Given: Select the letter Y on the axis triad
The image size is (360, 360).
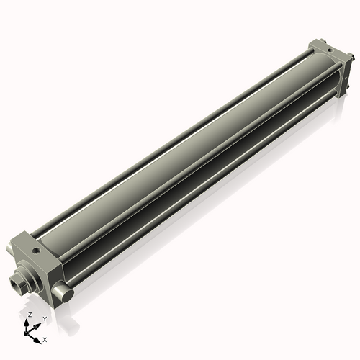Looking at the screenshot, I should [45, 318].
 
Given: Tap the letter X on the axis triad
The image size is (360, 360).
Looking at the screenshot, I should [45, 338].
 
